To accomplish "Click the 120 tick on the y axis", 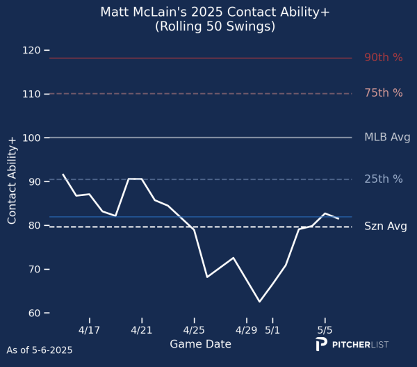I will pyautogui.click(x=31, y=50).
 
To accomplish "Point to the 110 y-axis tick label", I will pyautogui.click(x=31, y=94).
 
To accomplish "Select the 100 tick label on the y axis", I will pyautogui.click(x=31, y=138).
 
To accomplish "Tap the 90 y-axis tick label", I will pyautogui.click(x=33, y=181).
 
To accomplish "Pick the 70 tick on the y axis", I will pyautogui.click(x=33, y=269).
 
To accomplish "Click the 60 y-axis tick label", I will pyautogui.click(x=33, y=313).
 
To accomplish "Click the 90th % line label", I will pyautogui.click(x=384, y=58).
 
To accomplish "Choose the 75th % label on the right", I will pyautogui.click(x=384, y=93).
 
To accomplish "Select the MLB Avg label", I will pyautogui.click(x=387, y=138).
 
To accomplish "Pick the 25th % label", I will pyautogui.click(x=384, y=179).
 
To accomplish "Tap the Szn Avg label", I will pyautogui.click(x=386, y=227).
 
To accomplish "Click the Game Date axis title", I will pyautogui.click(x=200, y=344).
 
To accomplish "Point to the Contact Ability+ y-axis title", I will pyautogui.click(x=12, y=180).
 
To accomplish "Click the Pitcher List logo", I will pyautogui.click(x=351, y=345).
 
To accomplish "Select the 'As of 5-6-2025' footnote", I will pyautogui.click(x=39, y=350).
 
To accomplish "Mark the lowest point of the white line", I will pyautogui.click(x=259, y=302).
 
